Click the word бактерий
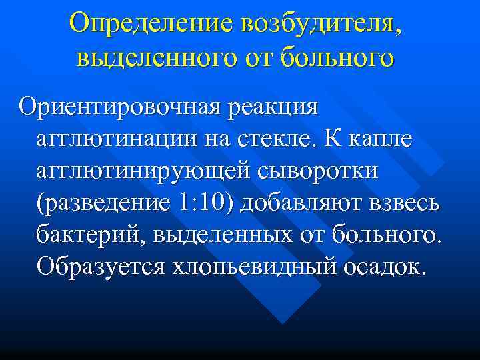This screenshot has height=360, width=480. [x=84, y=234]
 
